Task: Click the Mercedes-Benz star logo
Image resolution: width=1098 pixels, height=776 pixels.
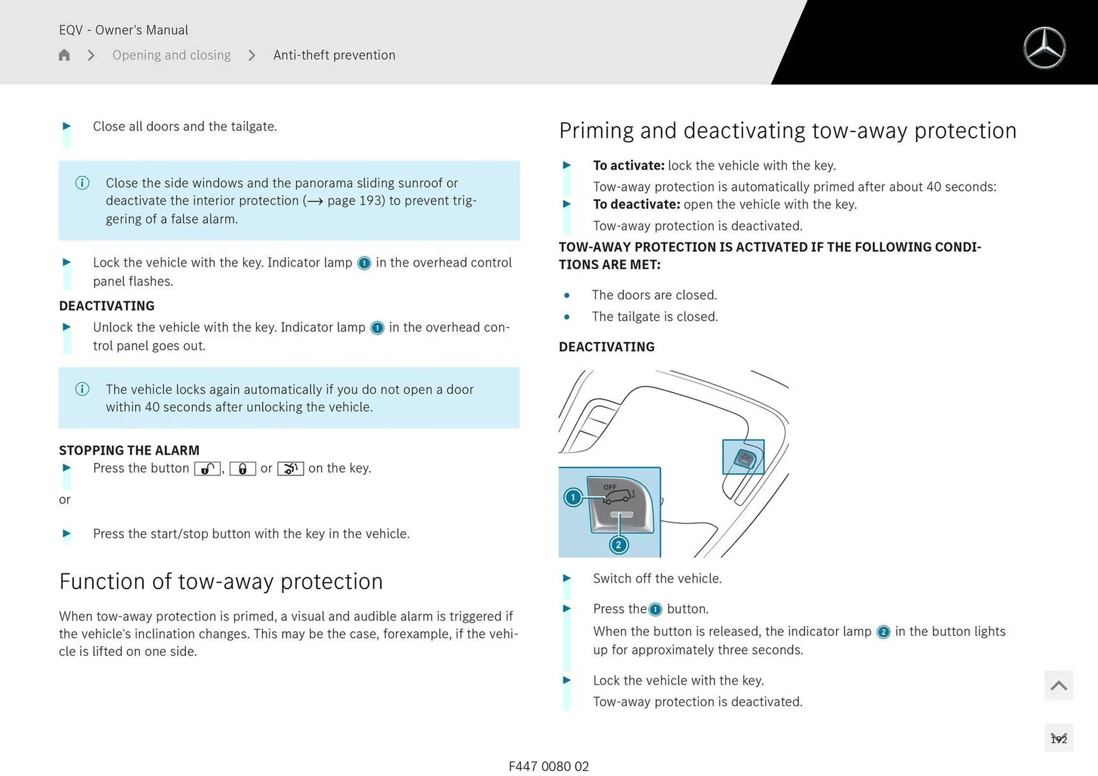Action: tap(1044, 48)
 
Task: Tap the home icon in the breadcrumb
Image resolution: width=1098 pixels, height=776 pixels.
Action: tap(64, 55)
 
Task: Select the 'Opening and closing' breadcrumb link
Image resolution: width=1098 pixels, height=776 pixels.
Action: tap(172, 55)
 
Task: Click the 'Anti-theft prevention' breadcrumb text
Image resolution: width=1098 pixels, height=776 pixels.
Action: tap(334, 55)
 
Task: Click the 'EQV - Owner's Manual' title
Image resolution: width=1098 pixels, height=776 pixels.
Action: tap(124, 30)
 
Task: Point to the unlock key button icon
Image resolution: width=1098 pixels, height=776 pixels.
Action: tap(208, 469)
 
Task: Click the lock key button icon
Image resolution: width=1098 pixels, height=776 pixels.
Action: tap(242, 469)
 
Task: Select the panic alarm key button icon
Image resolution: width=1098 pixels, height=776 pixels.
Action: tap(291, 469)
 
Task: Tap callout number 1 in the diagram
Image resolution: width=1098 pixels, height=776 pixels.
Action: tap(573, 497)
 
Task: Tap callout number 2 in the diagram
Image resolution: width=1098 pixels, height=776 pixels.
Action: tap(618, 545)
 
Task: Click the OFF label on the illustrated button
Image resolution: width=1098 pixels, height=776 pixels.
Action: tap(610, 487)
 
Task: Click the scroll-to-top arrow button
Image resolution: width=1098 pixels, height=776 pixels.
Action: tap(1059, 685)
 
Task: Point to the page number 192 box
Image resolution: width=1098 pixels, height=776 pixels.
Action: tap(1059, 739)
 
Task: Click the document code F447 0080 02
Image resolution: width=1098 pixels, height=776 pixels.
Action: tap(548, 766)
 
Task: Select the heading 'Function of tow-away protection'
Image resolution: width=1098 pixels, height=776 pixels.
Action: tap(221, 581)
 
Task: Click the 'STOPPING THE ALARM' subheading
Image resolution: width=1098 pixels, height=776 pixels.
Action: tap(129, 450)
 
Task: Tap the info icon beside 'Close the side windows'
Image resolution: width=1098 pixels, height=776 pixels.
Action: tap(82, 183)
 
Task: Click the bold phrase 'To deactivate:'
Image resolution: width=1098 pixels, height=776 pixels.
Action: tap(636, 205)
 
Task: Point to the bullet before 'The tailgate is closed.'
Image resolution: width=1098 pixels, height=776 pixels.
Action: tap(567, 317)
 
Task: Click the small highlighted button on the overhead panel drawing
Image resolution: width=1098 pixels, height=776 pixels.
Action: tap(743, 457)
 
